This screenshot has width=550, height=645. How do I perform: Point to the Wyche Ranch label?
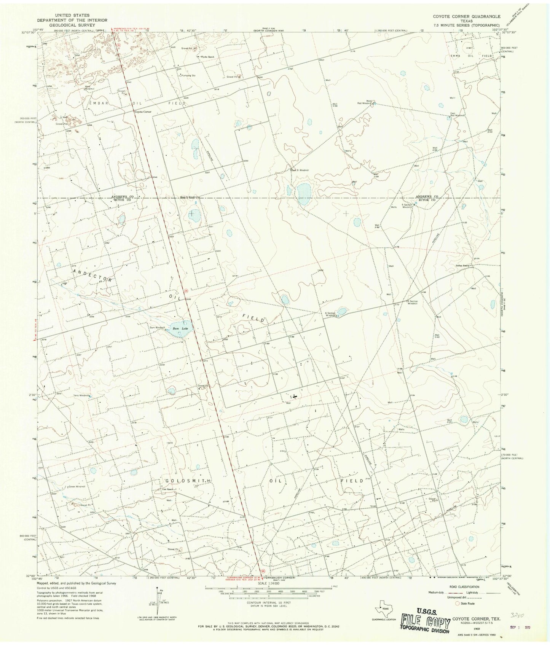point(207,57)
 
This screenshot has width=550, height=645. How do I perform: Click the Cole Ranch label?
point(167,489)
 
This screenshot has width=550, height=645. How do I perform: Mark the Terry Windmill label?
point(81,395)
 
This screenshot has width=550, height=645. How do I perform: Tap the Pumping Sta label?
point(188,75)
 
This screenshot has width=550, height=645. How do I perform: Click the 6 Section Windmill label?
point(330,314)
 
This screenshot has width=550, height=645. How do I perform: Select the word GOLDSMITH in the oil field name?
point(188,481)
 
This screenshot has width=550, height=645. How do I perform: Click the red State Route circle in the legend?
point(458,603)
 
